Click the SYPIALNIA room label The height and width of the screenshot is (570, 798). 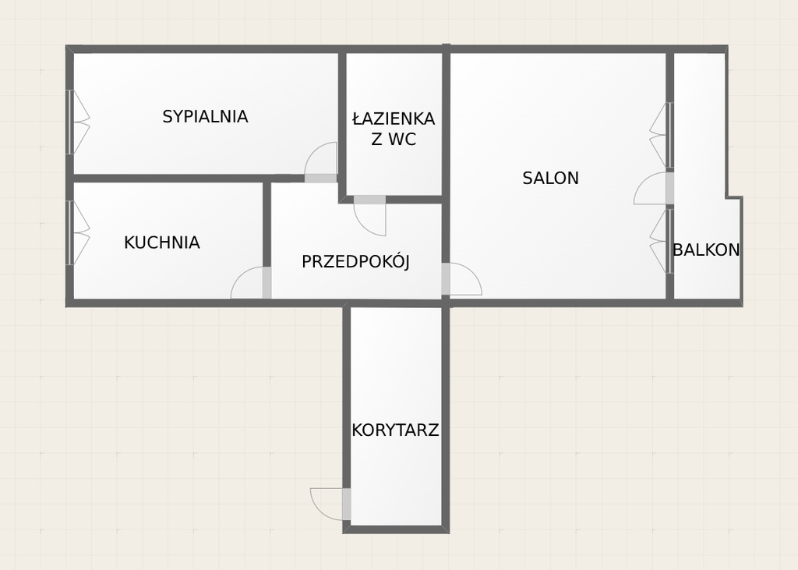tap(205, 117)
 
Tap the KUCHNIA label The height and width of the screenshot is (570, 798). tap(162, 243)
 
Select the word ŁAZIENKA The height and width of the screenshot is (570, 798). tap(394, 119)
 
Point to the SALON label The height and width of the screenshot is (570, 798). tap(551, 179)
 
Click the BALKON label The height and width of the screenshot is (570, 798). tap(706, 250)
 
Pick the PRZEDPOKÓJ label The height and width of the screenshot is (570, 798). tap(355, 261)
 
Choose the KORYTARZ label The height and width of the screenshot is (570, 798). tap(395, 430)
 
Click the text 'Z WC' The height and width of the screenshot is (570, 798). tap(394, 139)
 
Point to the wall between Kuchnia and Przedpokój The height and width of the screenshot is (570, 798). tap(267, 224)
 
